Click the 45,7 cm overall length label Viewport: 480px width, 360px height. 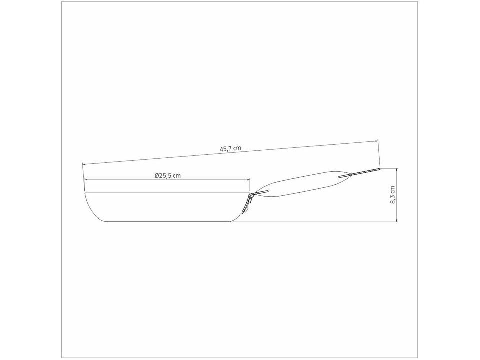(230, 148)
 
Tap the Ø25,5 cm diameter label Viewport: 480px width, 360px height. (167, 175)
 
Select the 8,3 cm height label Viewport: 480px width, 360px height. (393, 195)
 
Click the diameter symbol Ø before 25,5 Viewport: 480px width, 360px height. (157, 175)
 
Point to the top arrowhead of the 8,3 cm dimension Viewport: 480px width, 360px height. (397, 170)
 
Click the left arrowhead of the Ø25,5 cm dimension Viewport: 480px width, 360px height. (86, 180)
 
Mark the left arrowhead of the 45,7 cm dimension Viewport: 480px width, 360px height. (84, 164)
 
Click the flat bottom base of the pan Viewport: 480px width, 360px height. (165, 220)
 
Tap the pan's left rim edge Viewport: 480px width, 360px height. (86, 192)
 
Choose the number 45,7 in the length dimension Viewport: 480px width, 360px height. (226, 148)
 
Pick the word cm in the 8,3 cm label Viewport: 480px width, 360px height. (393, 189)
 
